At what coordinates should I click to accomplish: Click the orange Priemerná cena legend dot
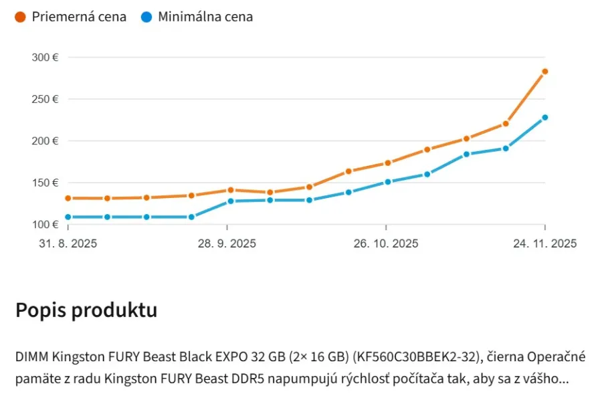20,17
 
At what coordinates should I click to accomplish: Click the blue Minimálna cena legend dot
146,17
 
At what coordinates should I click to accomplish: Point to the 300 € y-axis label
45,58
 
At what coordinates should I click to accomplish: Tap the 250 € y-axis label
45,99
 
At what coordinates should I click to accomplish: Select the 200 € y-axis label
45,141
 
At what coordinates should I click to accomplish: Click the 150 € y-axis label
45,183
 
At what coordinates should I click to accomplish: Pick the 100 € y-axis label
45,224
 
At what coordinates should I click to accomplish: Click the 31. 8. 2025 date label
68,243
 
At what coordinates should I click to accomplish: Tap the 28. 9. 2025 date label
227,243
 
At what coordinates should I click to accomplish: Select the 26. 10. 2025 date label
386,243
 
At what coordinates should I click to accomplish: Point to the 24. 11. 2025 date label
545,243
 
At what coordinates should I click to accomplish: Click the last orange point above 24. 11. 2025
544,72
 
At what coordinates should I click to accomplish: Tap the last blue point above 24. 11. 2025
544,118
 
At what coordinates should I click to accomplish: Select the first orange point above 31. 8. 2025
68,198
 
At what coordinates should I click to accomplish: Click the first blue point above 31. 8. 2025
68,217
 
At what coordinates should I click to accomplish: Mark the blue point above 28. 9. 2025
231,201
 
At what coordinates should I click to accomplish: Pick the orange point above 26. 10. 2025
388,163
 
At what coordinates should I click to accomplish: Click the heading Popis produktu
86,310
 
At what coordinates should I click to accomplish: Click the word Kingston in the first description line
78,357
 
